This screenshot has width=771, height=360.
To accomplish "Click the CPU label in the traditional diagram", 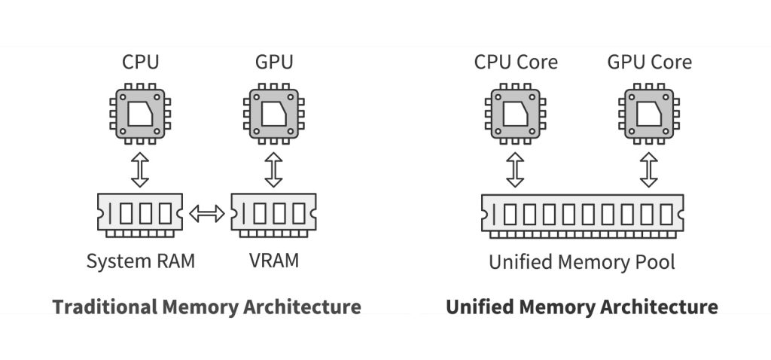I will [140, 61].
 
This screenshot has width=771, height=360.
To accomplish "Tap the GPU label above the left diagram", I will [273, 61].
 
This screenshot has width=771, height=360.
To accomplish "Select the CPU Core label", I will [516, 61].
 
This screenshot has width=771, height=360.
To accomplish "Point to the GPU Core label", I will [649, 61].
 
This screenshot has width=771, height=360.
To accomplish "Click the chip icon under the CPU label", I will [140, 114].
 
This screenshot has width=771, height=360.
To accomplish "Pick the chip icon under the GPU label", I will [273, 114].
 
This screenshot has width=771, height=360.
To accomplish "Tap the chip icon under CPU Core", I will [516, 114].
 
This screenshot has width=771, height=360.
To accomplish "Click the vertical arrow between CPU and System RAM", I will [140, 169].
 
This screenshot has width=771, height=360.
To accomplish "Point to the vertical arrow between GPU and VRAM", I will [273, 169].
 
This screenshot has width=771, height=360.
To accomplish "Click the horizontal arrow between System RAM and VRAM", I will [206, 215].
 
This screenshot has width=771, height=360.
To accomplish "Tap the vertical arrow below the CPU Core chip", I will [516, 169].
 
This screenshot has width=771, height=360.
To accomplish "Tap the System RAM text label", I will [140, 261].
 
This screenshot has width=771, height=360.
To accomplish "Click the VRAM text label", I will [273, 261].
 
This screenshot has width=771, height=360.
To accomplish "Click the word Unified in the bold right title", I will [479, 307].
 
